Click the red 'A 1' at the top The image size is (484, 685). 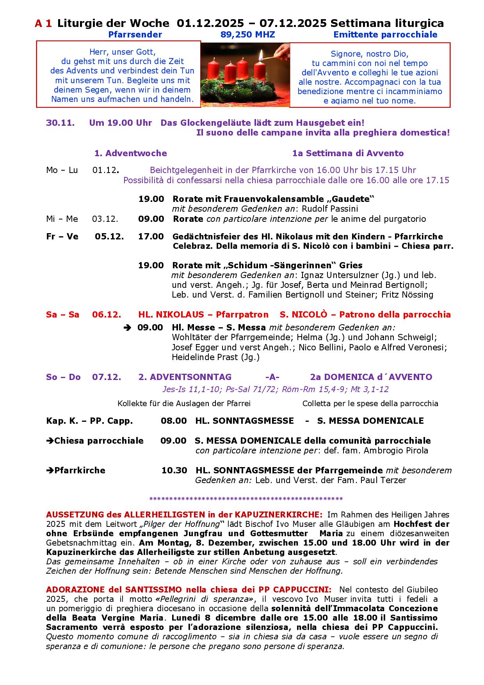[43, 24]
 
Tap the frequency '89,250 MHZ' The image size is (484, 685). [247, 35]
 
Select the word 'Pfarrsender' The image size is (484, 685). [135, 35]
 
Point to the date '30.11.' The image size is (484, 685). [60, 123]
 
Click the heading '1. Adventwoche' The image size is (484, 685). [130, 153]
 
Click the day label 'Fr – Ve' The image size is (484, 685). [62, 237]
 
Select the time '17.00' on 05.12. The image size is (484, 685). [151, 237]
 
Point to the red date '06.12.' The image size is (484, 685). [107, 315]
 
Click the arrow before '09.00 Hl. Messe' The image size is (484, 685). [127, 328]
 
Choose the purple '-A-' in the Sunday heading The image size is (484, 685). [272, 377]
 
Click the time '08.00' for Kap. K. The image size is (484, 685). [174, 421]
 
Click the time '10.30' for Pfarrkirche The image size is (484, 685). [174, 471]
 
